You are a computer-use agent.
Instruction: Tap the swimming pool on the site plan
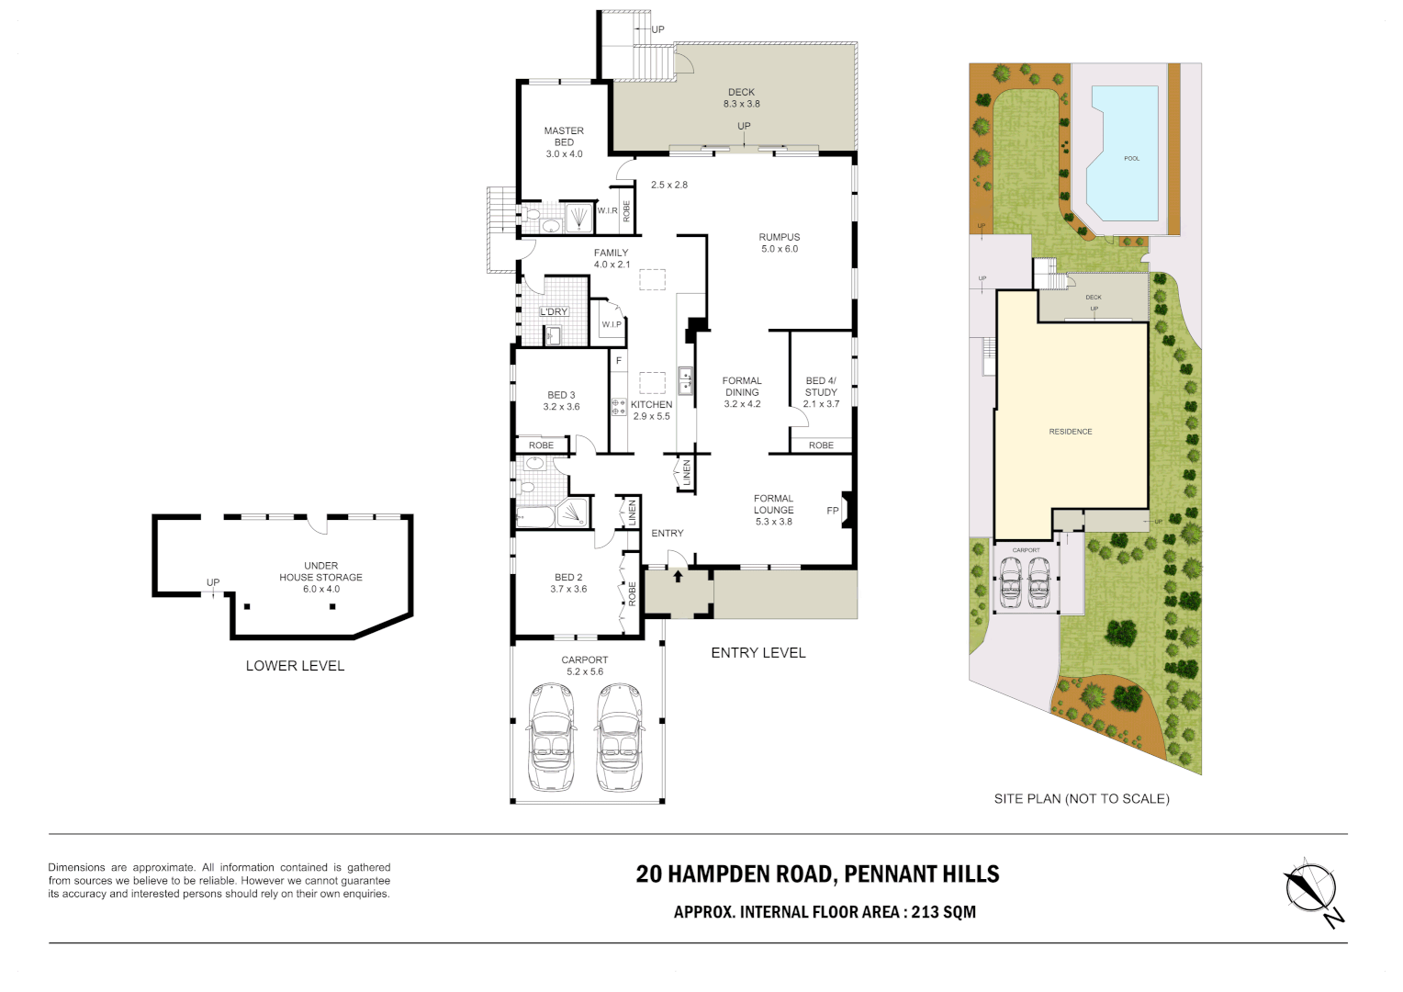point(1122,154)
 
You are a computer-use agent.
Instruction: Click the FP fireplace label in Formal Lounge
point(833,511)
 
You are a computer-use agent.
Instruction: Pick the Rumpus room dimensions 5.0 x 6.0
point(779,249)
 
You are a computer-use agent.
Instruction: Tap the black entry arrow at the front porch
point(678,577)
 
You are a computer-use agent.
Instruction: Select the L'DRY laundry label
point(554,312)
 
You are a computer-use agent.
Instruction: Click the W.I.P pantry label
point(612,324)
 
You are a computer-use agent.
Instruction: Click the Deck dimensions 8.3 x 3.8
point(741,104)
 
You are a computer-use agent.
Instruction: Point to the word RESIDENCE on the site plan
point(1071,432)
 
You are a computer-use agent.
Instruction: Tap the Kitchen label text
point(652,404)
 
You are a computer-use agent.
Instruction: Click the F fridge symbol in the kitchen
point(619,361)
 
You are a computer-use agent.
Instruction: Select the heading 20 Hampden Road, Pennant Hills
point(817,874)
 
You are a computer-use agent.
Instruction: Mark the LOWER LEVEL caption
point(295,666)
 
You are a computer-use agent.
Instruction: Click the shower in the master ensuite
point(578,218)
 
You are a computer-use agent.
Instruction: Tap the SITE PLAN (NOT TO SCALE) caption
point(1082,799)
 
